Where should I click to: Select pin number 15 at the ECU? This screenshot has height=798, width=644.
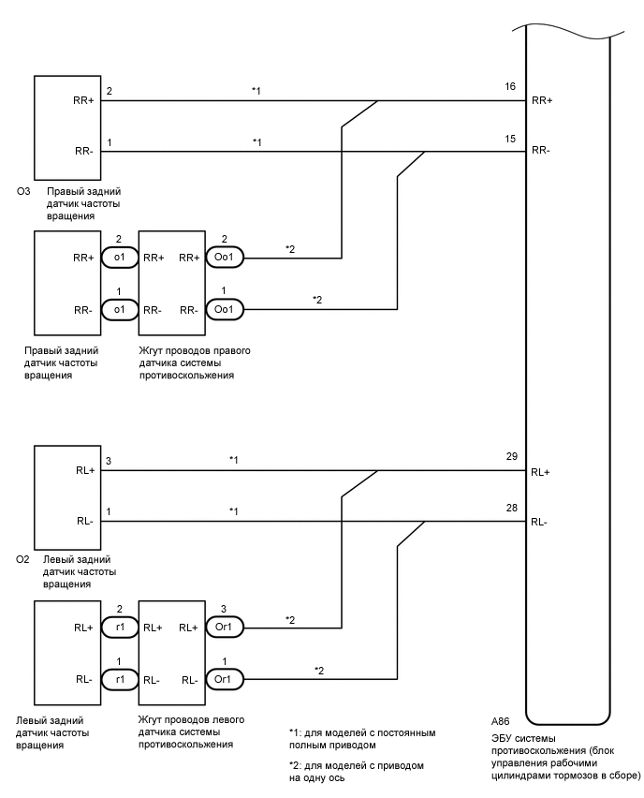[510, 139]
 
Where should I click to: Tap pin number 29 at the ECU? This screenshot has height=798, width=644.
[510, 456]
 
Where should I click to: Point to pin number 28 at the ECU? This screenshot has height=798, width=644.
[510, 509]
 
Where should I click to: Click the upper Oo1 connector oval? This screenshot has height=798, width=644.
[225, 257]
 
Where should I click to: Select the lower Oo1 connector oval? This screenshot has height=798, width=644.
[225, 308]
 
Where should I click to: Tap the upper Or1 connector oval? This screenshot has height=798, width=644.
[225, 626]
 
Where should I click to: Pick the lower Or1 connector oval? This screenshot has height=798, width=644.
[225, 678]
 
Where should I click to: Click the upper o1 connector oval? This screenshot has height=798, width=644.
[119, 257]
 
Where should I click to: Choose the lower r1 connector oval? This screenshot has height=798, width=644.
[119, 678]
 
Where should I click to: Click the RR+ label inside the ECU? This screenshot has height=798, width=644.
[542, 99]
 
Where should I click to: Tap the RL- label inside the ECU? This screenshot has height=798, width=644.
[540, 523]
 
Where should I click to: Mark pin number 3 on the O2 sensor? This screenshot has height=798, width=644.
[109, 460]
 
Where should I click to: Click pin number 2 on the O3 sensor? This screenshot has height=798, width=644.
[109, 91]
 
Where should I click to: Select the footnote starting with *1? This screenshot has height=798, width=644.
[363, 739]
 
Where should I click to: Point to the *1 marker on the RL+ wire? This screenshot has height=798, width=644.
[233, 460]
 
